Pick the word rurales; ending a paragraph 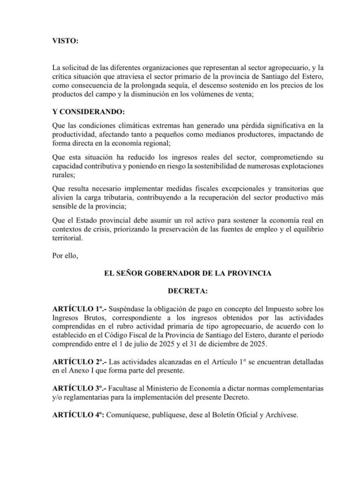click(63, 176)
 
